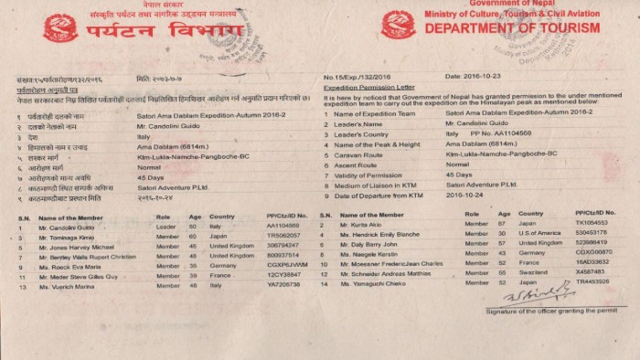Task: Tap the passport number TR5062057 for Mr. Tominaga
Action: pyautogui.click(x=284, y=236)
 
